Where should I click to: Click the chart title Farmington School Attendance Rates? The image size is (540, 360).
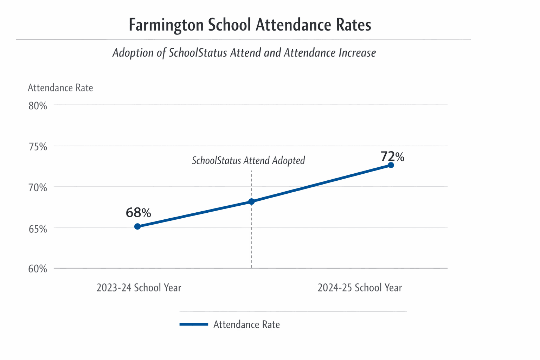pyautogui.click(x=250, y=25)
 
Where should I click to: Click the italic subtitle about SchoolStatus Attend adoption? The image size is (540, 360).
pyautogui.click(x=244, y=53)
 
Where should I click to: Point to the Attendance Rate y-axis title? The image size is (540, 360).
pyautogui.click(x=60, y=88)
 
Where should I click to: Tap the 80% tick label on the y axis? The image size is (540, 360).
pyautogui.click(x=38, y=106)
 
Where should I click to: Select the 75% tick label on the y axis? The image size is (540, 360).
pyautogui.click(x=38, y=147)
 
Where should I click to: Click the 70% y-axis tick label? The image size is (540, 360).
pyautogui.click(x=38, y=187)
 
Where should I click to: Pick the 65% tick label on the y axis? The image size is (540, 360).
pyautogui.click(x=38, y=229)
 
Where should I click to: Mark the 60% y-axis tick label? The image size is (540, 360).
pyautogui.click(x=38, y=269)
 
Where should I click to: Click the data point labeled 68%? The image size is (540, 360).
pyautogui.click(x=137, y=226)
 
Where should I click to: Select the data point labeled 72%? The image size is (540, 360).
pyautogui.click(x=391, y=165)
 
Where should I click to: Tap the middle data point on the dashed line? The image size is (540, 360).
pyautogui.click(x=251, y=201)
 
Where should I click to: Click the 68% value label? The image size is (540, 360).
pyautogui.click(x=138, y=213)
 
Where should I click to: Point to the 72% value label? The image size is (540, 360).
pyautogui.click(x=392, y=156)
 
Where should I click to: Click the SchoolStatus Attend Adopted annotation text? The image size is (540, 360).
pyautogui.click(x=248, y=161)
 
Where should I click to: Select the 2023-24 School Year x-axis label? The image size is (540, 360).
pyautogui.click(x=139, y=288)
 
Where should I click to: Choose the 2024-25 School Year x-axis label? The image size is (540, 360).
pyautogui.click(x=360, y=288)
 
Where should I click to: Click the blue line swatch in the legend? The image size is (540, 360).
pyautogui.click(x=194, y=324)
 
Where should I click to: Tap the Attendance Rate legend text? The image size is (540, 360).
pyautogui.click(x=246, y=324)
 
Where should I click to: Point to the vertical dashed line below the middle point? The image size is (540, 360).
pyautogui.click(x=251, y=239)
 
